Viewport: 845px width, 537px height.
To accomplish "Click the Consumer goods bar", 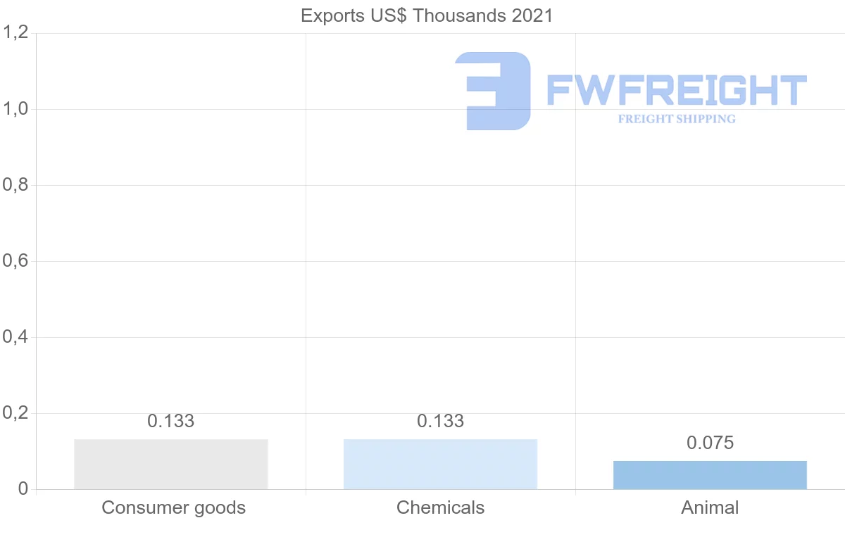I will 171,464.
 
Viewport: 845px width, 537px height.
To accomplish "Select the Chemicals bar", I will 440,464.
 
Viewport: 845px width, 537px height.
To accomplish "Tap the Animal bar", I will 710,475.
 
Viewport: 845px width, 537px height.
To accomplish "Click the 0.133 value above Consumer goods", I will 171,421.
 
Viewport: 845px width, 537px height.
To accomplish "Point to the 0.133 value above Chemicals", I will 440,421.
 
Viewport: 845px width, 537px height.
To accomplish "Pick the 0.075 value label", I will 710,443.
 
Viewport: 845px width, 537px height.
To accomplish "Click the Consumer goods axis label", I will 173,507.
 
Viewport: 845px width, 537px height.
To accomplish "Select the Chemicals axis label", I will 440,507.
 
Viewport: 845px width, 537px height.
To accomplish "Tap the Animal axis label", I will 710,507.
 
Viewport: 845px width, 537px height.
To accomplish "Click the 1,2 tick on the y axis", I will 15,32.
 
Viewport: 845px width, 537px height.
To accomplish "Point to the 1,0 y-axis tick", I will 15,109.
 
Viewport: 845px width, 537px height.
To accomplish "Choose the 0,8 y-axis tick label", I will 15,185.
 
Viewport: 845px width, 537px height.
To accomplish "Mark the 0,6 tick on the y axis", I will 15,261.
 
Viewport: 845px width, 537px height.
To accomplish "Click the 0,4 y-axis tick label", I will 15,337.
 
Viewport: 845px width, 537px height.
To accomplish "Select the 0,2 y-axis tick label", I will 15,413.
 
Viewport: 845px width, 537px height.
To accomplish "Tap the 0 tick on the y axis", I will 22,489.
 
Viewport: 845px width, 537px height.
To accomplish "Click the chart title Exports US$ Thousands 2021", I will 427,15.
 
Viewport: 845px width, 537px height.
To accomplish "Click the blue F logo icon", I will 493,91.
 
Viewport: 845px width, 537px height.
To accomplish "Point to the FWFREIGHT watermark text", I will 677,90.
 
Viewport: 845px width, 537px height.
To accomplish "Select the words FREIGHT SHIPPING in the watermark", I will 677,119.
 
